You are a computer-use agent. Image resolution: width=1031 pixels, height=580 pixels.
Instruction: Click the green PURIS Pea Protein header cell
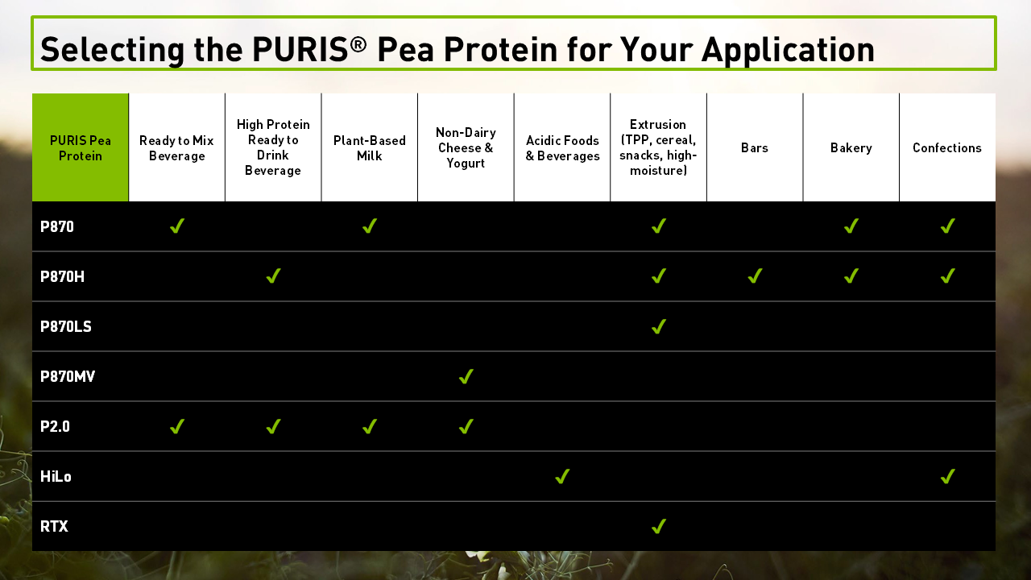81,147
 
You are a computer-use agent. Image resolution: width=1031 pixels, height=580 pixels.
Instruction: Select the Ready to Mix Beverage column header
176,148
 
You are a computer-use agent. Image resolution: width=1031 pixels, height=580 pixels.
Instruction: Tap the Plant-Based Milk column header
370,148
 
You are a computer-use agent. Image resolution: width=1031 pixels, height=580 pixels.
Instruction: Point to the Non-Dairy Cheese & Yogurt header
466,148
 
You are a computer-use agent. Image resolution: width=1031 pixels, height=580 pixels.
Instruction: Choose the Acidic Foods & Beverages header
562,148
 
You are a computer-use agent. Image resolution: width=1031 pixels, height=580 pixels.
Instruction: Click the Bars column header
755,148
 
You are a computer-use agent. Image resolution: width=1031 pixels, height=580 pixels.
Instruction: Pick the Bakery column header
851,148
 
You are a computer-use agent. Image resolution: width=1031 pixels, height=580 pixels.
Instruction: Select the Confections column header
947,148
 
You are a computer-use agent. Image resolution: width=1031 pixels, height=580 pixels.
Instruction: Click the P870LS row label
66,327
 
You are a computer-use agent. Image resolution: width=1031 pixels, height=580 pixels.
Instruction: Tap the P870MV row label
68,377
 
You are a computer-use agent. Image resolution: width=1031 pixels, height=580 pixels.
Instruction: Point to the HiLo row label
56,477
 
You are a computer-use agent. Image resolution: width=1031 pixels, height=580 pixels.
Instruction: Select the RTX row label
54,527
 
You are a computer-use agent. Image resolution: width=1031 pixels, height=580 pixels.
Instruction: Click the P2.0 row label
55,427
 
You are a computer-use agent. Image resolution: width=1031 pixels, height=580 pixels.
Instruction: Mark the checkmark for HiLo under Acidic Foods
562,476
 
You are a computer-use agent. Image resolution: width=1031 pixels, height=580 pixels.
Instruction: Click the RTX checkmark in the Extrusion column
659,526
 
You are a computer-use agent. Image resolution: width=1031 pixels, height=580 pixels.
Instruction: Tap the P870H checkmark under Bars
755,276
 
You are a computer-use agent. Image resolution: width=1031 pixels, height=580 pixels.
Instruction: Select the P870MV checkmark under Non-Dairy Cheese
466,376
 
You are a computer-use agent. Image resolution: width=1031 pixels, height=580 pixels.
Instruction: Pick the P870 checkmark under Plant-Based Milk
370,226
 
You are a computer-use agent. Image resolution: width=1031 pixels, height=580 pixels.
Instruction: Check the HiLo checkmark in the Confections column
947,476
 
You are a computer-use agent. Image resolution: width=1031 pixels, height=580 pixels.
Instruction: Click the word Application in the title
788,50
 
